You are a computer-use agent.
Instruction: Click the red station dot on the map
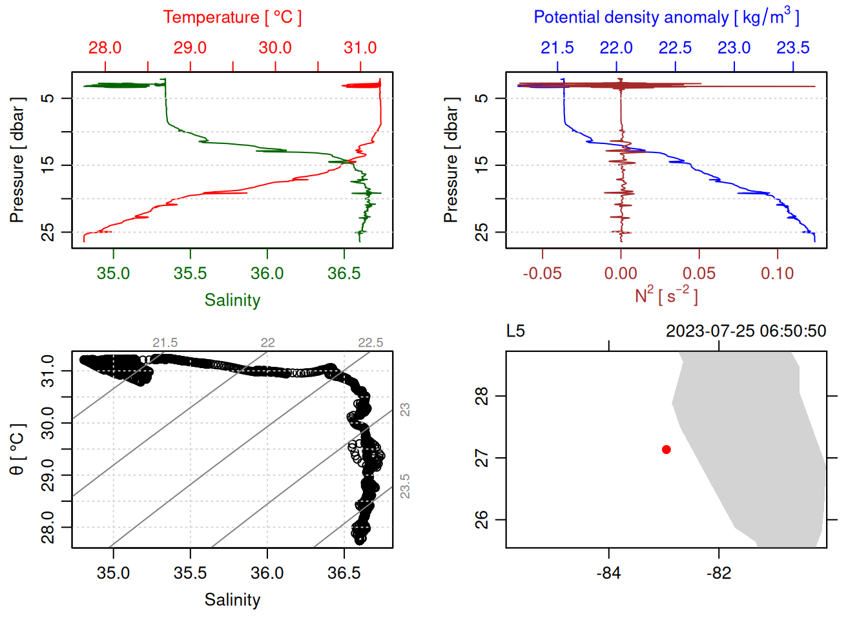pyautogui.click(x=666, y=449)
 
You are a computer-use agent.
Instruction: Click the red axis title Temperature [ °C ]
pyautogui.click(x=232, y=17)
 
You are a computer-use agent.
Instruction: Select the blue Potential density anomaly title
pyautogui.click(x=666, y=17)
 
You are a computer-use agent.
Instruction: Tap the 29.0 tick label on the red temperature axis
pyautogui.click(x=190, y=48)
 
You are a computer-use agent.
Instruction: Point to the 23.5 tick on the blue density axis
pyautogui.click(x=792, y=48)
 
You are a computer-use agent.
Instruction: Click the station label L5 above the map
pyautogui.click(x=515, y=331)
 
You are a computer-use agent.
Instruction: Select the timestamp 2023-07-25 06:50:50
pyautogui.click(x=745, y=331)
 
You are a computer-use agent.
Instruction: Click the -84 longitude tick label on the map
pyautogui.click(x=608, y=573)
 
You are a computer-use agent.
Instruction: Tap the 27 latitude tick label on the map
pyautogui.click(x=482, y=458)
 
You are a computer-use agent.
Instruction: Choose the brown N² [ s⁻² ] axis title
pyautogui.click(x=666, y=295)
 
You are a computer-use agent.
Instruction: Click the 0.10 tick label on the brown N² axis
pyautogui.click(x=777, y=274)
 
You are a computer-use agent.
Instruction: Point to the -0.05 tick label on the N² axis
pyautogui.click(x=542, y=274)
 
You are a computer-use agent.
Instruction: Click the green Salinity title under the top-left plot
pyautogui.click(x=232, y=300)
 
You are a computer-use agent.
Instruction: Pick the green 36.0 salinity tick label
pyautogui.click(x=267, y=274)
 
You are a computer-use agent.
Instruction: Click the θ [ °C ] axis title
pyautogui.click(x=17, y=449)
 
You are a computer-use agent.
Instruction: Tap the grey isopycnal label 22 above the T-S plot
pyautogui.click(x=267, y=343)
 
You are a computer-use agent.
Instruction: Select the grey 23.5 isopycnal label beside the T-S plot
pyautogui.click(x=405, y=486)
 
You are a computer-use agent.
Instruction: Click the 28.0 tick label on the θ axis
pyautogui.click(x=48, y=527)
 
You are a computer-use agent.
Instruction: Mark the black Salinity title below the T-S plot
pyautogui.click(x=232, y=600)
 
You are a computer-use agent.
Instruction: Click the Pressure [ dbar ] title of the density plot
pyautogui.click(x=451, y=160)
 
